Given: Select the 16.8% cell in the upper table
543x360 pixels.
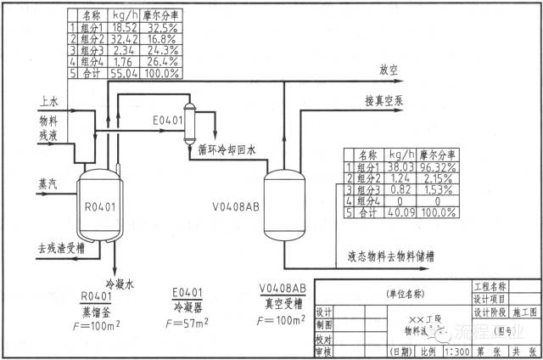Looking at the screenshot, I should click(x=160, y=39).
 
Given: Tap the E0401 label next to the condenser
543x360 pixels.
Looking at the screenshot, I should click(x=168, y=121).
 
